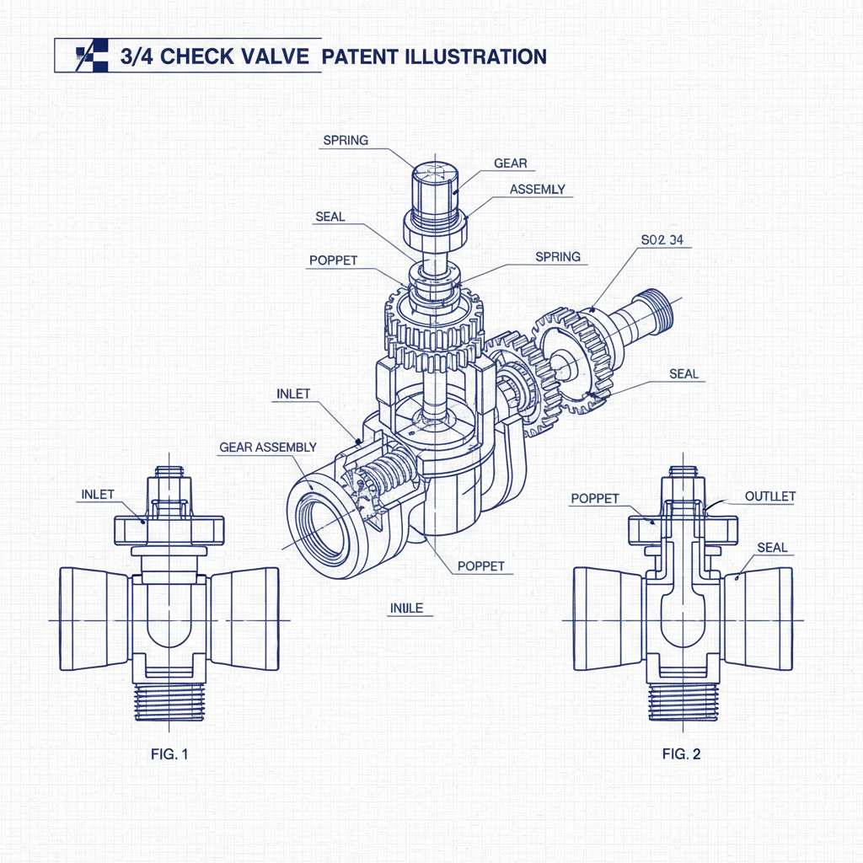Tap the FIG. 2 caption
[681, 754]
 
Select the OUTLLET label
[769, 496]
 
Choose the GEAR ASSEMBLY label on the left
[267, 447]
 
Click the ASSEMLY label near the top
[538, 190]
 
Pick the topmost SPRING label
[346, 141]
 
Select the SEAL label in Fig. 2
[772, 547]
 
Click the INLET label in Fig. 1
[98, 494]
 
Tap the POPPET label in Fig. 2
[595, 498]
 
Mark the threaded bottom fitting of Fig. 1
[170, 701]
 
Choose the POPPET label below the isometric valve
[480, 566]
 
